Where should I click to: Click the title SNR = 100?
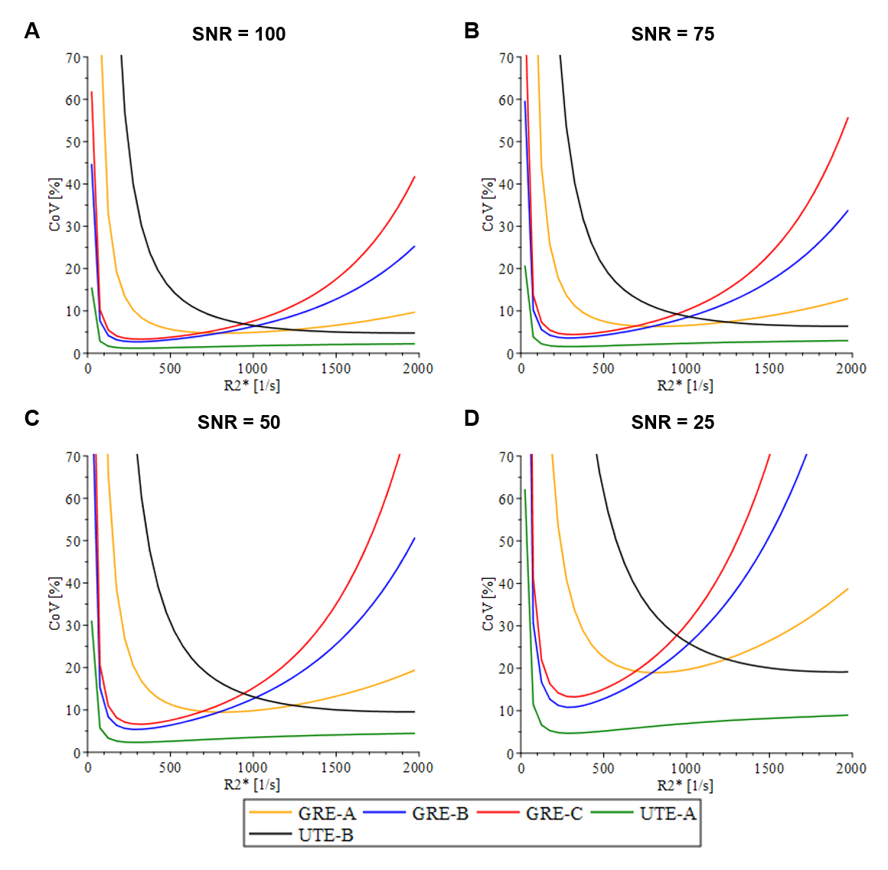tap(239, 34)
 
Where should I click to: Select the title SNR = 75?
tap(672, 34)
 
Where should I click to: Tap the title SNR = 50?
tap(239, 423)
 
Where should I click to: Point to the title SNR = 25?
tap(672, 423)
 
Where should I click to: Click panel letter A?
tap(31, 31)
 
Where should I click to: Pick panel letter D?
tap(472, 418)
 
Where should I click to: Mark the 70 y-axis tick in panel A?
tap(73, 58)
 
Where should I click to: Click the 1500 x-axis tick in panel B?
tap(769, 369)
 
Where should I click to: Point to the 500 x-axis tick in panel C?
tap(170, 768)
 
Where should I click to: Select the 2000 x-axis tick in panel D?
tap(850, 768)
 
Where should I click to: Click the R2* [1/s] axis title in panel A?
tap(252, 385)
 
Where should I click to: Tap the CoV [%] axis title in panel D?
tap(488, 604)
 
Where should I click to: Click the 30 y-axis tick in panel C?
tap(73, 626)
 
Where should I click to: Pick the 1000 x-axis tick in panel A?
tap(252, 369)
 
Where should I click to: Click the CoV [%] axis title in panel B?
tap(488, 205)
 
